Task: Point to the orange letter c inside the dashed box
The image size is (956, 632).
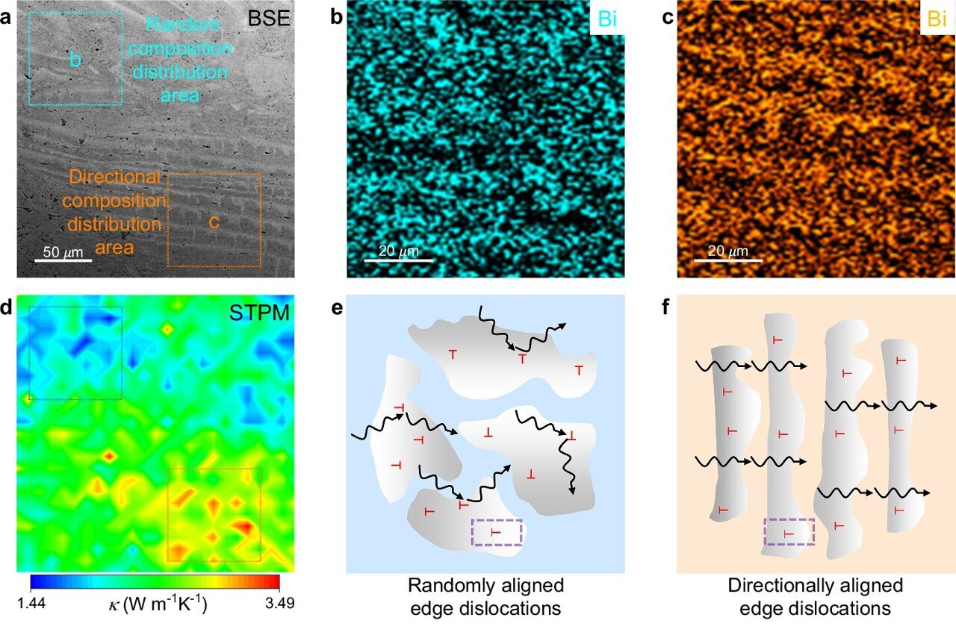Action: (214, 222)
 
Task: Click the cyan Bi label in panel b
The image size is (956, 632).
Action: (608, 19)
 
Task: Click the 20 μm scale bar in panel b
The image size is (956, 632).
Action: (399, 260)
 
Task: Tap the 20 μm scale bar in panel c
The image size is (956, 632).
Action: (728, 260)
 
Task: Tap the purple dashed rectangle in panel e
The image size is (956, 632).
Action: (497, 533)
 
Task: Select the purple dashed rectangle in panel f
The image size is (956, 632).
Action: (789, 534)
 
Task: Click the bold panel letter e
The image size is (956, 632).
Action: (337, 305)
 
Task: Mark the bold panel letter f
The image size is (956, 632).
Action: (666, 305)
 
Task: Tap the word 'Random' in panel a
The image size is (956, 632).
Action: (184, 25)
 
